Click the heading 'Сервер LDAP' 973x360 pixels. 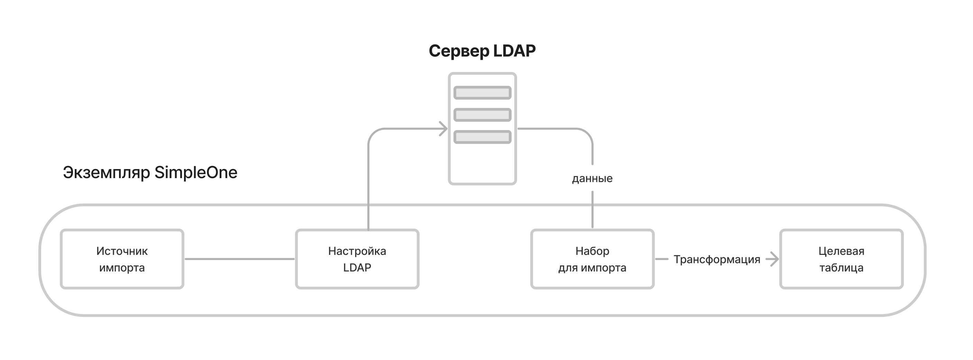pos(482,51)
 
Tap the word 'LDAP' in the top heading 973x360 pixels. pos(514,51)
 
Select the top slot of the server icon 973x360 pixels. pos(482,93)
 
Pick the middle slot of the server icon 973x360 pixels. pos(482,115)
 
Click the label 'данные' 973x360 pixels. pos(592,178)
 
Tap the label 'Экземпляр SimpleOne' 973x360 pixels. pos(150,173)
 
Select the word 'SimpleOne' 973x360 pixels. pos(196,173)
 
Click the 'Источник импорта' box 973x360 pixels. pos(122,259)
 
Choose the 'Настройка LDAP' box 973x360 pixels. pos(357,259)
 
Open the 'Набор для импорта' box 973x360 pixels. pos(592,259)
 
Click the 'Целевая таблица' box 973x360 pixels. pos(841,259)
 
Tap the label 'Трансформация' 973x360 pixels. pos(717,259)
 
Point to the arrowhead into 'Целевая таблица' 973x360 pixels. pos(774,259)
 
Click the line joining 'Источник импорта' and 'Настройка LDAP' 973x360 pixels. pos(239,259)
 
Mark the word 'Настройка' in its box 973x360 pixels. pos(357,251)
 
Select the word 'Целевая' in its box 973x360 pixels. pos(841,251)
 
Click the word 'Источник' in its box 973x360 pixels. pos(122,251)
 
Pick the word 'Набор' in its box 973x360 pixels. pos(592,251)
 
